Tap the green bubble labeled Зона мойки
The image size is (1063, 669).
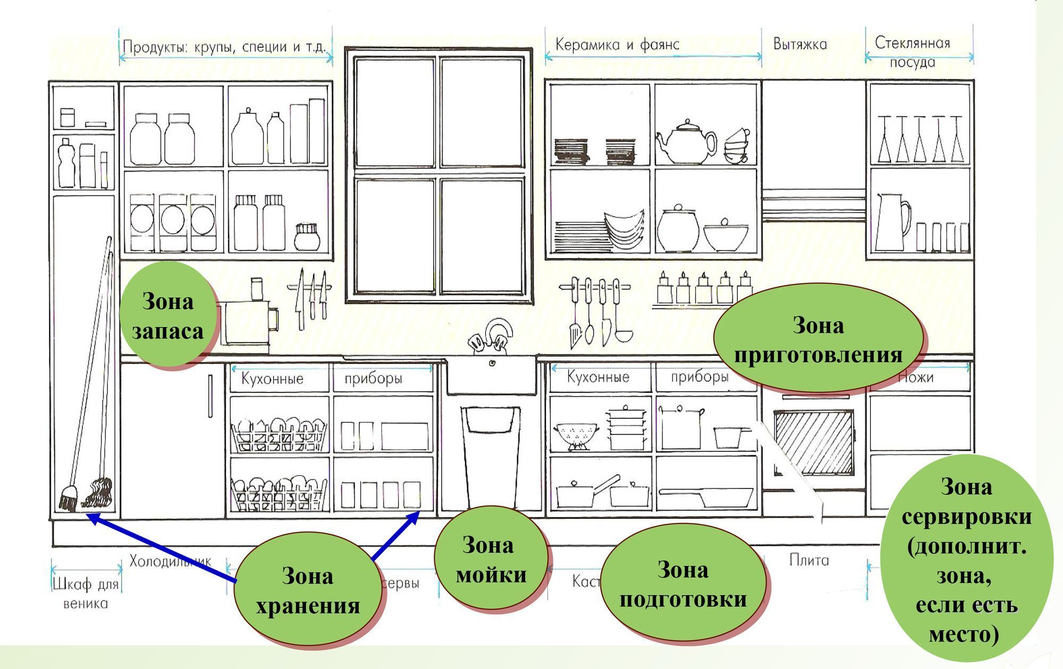pos(491,559)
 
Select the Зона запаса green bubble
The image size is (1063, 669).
pos(167,315)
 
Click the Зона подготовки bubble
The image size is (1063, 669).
pos(683,584)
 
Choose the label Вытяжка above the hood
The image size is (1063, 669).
pos(800,44)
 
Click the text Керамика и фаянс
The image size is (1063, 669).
pos(617,45)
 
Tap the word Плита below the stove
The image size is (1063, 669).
pos(808,560)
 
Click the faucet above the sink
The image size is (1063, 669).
pos(492,337)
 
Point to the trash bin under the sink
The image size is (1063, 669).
pos(490,457)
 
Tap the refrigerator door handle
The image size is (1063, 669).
pos(210,397)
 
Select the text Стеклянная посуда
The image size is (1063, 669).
pos(912,52)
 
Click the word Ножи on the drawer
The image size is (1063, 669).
pos(915,378)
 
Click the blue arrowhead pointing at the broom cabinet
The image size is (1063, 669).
pos(91,516)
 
